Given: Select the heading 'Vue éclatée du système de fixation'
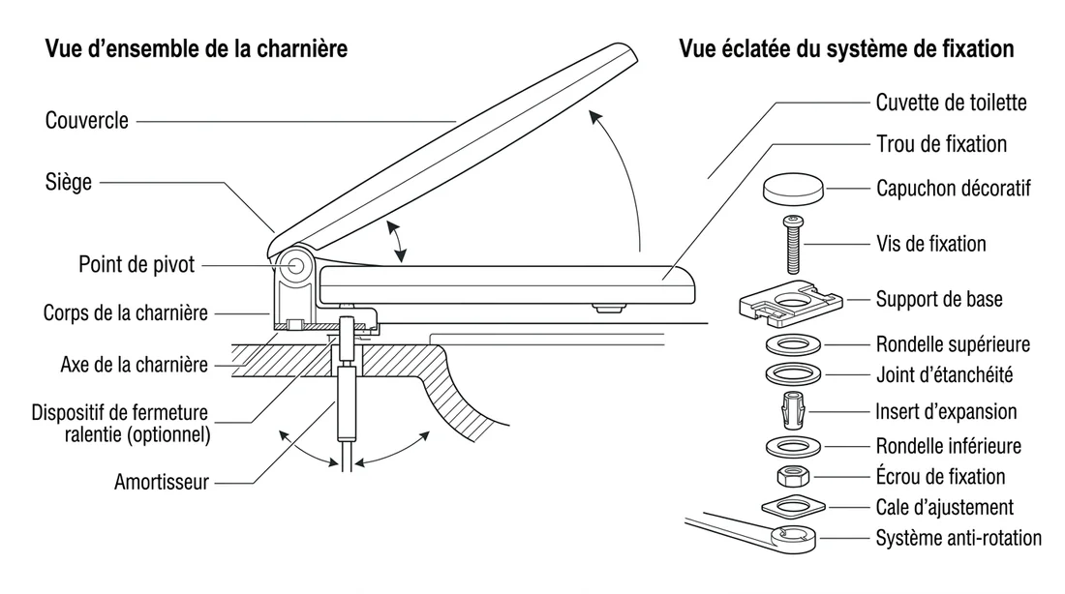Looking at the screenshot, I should (x=846, y=49).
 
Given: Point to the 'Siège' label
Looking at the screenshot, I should (x=69, y=182).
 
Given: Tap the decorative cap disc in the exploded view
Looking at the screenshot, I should (x=794, y=189).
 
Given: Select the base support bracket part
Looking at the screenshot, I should (x=793, y=299).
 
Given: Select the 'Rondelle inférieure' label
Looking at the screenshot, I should (x=948, y=446).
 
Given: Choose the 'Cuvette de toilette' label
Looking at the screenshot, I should (x=951, y=102).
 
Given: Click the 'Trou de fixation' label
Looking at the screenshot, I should (x=941, y=144).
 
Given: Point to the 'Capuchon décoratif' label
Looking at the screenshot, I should (x=953, y=189).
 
